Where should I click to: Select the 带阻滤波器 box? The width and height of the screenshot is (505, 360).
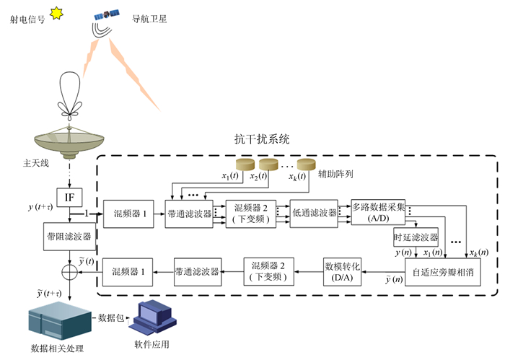(69, 236)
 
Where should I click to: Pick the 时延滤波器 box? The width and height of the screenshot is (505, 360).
(416, 237)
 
